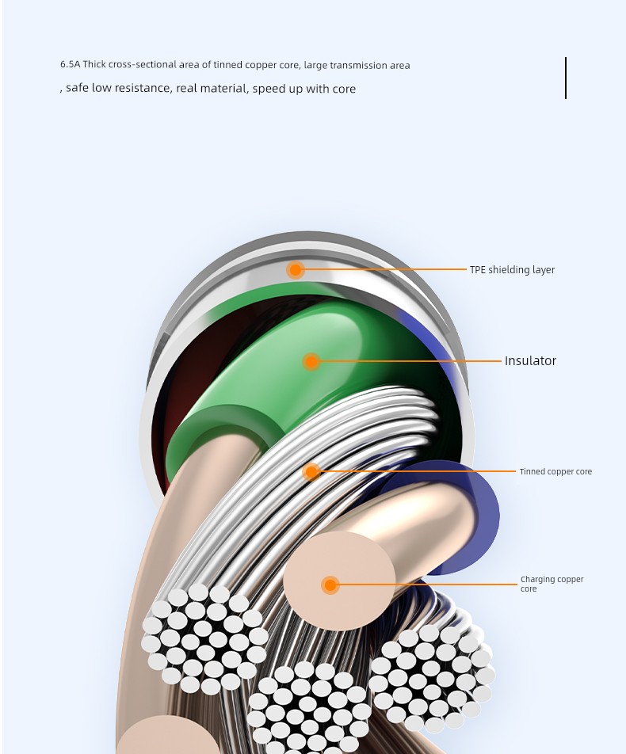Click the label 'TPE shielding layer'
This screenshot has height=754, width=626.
coord(512,270)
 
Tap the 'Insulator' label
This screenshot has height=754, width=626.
coord(530,360)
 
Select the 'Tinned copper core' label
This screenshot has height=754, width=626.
coord(555,471)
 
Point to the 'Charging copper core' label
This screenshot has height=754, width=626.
coord(552,584)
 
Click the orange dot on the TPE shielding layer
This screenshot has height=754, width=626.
coord(296,270)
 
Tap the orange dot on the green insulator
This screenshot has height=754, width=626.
coord(311,362)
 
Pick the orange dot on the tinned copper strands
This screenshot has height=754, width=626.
coord(311,472)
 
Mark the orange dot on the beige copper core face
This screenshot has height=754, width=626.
coord(330,585)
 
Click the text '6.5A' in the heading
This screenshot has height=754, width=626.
coord(71,64)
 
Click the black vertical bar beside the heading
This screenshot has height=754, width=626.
coord(565,78)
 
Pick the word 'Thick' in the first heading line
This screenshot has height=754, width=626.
coord(94,64)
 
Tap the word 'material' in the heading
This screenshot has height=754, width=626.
coord(223,89)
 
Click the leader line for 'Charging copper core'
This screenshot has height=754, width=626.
coord(428,585)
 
